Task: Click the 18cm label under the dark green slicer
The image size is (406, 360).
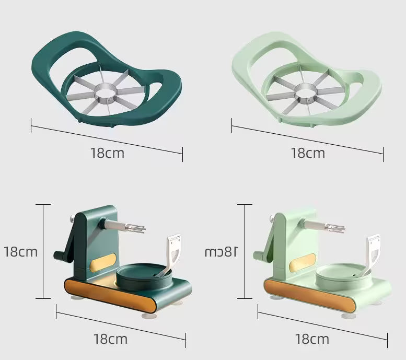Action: coord(108,153)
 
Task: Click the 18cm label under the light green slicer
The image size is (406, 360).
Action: coord(308,153)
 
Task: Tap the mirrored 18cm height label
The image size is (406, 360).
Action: coord(221,252)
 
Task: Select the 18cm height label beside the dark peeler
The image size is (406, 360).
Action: coord(21,252)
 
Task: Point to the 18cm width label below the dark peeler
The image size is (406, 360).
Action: coord(110,339)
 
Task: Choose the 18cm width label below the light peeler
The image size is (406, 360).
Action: coord(312,339)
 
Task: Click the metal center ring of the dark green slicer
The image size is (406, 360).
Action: coord(106,92)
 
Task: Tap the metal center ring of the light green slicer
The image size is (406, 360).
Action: coord(306,92)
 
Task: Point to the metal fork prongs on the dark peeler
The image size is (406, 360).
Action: coord(135,228)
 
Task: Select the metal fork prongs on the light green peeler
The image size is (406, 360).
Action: coord(335,228)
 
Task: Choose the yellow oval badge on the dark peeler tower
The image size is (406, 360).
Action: coord(103,262)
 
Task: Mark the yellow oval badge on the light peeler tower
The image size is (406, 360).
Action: coord(303,262)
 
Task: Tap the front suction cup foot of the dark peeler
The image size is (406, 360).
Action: coord(149,316)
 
